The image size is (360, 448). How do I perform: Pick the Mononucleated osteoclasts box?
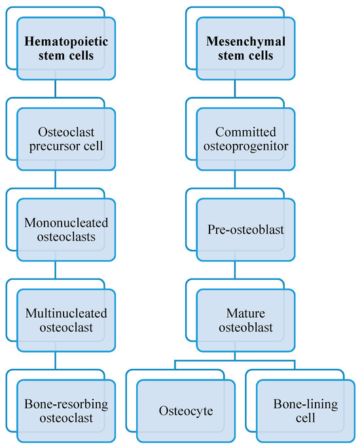point(66,230)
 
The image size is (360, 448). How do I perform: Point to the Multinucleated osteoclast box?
point(66,319)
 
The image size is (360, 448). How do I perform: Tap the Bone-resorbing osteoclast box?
point(66,410)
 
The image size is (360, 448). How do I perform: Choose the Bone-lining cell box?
point(306,410)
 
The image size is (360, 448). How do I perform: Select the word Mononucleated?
point(66,222)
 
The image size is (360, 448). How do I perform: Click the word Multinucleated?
point(66,312)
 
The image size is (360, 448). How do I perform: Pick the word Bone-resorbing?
point(66,403)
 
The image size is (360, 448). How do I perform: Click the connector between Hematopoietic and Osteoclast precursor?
point(55,89)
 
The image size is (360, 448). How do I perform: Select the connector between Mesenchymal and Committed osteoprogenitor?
point(235,89)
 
